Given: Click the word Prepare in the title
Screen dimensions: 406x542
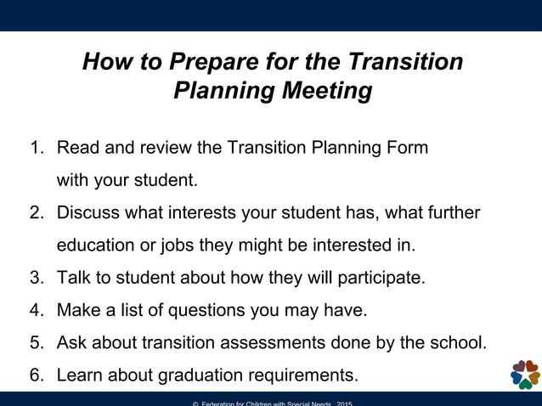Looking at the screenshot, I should [x=209, y=62].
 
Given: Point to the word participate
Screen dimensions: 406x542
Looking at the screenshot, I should [x=377, y=278].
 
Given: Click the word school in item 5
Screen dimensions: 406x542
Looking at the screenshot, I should [x=460, y=342].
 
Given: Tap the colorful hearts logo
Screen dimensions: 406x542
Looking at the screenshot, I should [x=524, y=374].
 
